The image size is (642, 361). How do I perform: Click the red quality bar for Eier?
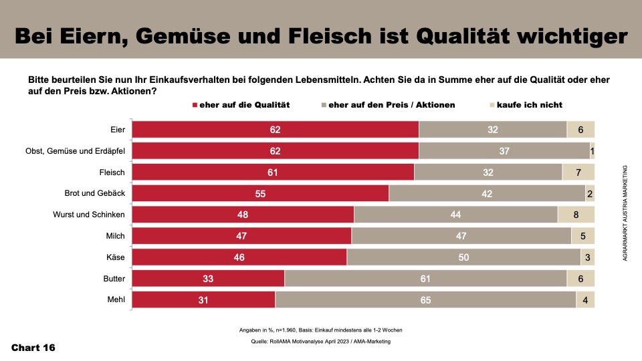pos(275,130)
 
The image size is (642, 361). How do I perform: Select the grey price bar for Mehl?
pos(425,300)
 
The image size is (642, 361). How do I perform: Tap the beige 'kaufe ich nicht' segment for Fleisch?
pos(578,172)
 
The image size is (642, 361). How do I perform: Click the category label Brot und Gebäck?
pos(92,193)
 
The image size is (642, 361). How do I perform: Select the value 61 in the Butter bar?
pos(425,279)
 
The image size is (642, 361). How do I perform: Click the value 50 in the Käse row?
pos(463,257)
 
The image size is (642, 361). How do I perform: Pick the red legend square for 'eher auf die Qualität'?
pos(195,105)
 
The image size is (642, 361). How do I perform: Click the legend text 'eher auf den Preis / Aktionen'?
pos(392,105)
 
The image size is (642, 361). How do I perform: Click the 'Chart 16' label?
pos(33,348)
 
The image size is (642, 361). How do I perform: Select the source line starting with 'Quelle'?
pos(320,342)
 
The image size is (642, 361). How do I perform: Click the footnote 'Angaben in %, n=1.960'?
pos(320,330)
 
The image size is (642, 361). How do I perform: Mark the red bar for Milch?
pos(241,236)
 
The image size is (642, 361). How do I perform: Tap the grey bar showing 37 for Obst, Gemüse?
pos(504,151)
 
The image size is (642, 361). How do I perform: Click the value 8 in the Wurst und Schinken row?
pos(576,215)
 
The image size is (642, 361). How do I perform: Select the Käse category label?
pos(118,257)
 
